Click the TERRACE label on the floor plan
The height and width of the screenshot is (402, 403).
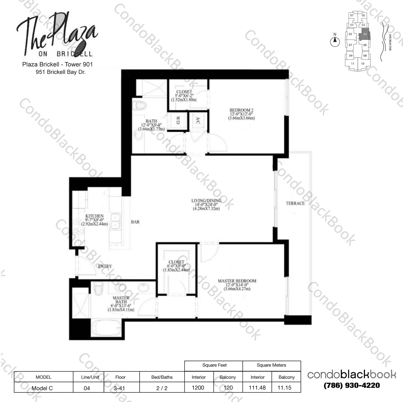295,203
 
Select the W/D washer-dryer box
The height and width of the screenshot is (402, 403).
178,120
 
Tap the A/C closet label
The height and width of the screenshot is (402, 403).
198,120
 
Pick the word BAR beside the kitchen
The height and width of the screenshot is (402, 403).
135,222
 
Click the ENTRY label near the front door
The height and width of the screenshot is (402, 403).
105,266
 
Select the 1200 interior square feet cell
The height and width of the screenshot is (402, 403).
198,388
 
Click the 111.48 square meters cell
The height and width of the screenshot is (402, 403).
257,388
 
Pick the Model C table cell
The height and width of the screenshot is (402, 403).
42,388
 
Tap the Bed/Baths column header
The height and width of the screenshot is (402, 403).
162,377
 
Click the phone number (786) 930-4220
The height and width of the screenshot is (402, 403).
352,385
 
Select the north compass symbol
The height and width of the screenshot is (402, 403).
335,41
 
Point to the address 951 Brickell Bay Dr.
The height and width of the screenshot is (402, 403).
61,72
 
